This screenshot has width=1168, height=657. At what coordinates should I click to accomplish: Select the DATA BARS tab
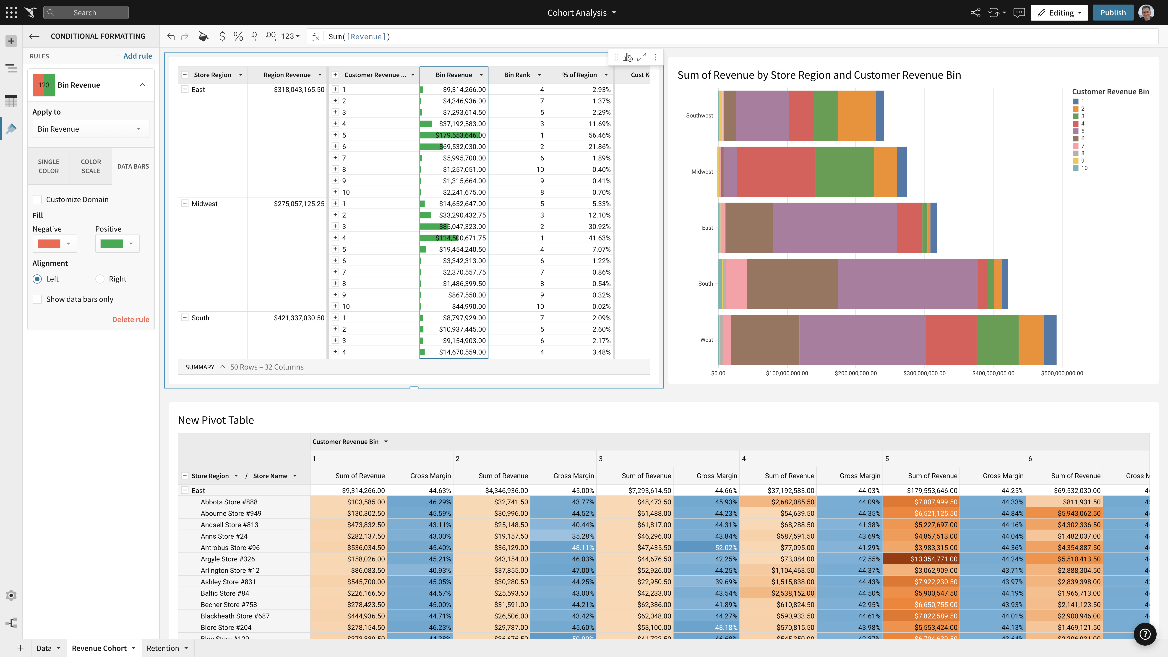(x=133, y=166)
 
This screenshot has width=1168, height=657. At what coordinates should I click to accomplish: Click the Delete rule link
(x=130, y=319)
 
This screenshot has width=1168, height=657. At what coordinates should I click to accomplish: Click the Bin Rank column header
(x=517, y=75)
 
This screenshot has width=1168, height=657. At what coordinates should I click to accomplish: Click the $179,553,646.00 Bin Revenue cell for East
(x=460, y=135)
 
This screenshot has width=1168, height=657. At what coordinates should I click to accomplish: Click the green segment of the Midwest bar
(x=844, y=172)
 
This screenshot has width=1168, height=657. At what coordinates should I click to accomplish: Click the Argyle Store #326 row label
(x=228, y=559)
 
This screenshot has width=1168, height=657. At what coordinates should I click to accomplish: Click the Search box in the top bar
(x=86, y=13)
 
